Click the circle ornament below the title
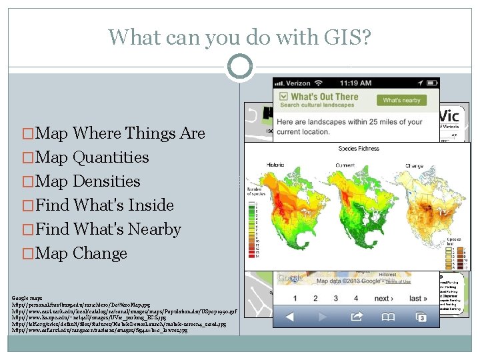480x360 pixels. click(x=240, y=67)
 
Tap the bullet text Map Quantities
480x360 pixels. click(x=87, y=157)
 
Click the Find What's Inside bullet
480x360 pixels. click(x=99, y=205)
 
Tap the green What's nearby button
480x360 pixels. click(x=401, y=100)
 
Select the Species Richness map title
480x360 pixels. click(x=358, y=148)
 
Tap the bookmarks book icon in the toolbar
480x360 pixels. click(x=388, y=317)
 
